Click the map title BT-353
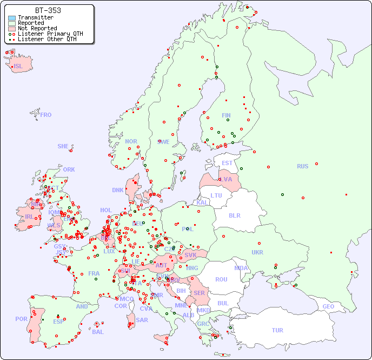point(48,10)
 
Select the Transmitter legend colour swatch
point(12,18)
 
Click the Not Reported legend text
point(37,28)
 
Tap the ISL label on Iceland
point(18,67)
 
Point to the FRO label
point(46,115)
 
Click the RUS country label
point(302,167)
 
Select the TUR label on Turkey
point(277,330)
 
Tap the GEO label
point(328,306)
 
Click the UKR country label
point(257,252)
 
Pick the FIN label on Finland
point(226,115)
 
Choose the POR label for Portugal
point(21,319)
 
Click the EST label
point(227,163)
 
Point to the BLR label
point(234,215)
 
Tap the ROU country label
point(221,279)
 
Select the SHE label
point(63,146)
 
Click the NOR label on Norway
point(131,141)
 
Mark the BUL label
point(223,303)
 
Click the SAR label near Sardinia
point(142,320)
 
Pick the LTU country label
point(216,195)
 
